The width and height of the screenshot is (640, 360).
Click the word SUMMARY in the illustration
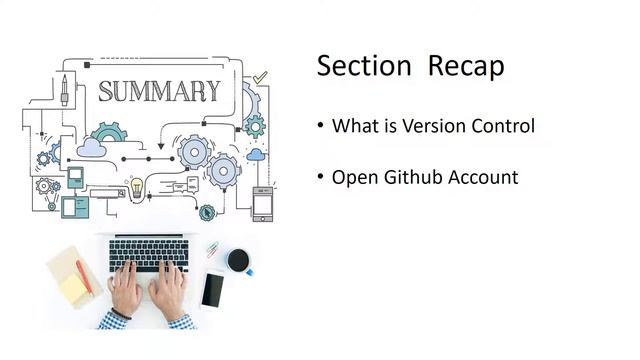pyautogui.click(x=159, y=92)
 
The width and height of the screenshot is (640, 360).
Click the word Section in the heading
pyautogui.click(x=364, y=66)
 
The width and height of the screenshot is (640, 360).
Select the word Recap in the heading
pyautogui.click(x=466, y=66)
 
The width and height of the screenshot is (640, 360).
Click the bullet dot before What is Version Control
pyautogui.click(x=321, y=127)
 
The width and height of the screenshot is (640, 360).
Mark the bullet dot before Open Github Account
pyautogui.click(x=321, y=178)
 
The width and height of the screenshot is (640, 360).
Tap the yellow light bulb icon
pyautogui.click(x=136, y=186)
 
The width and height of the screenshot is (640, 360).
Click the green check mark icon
pyautogui.click(x=261, y=76)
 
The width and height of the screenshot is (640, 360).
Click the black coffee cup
pyautogui.click(x=238, y=261)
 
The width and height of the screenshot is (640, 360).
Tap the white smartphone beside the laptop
pyautogui.click(x=212, y=290)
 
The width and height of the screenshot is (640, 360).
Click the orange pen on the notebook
pyautogui.click(x=84, y=274)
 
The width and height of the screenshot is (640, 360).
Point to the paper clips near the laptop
pyautogui.click(x=213, y=249)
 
